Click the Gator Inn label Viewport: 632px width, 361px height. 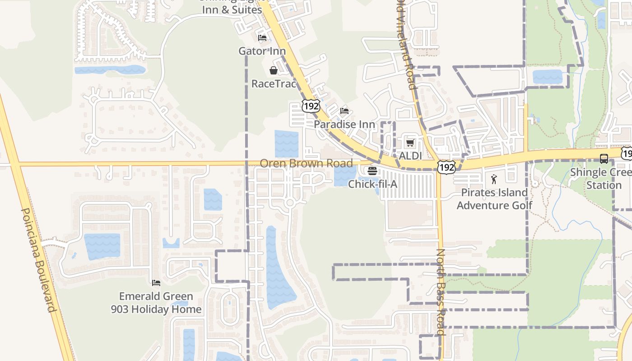262,51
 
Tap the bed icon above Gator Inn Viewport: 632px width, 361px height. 262,38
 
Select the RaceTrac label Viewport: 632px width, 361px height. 274,83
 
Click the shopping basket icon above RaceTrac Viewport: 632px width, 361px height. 274,70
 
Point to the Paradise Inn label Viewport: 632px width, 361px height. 344,124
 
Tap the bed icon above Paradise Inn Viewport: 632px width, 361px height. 344,111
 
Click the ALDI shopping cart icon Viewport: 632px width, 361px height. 410,143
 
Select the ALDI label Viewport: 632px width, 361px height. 410,156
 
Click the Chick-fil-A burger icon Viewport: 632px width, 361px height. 372,171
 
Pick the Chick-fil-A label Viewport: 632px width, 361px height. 372,184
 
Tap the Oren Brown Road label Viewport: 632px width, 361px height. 306,163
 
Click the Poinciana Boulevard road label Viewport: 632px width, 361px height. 38,260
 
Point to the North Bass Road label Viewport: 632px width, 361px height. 441,292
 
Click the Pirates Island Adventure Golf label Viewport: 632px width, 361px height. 494,199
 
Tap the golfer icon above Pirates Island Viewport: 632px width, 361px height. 494,179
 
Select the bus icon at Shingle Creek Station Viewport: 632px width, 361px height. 604,159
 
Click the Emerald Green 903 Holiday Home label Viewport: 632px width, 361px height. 156,303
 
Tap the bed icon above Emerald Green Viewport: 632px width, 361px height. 156,283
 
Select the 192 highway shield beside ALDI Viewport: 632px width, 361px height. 446,167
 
